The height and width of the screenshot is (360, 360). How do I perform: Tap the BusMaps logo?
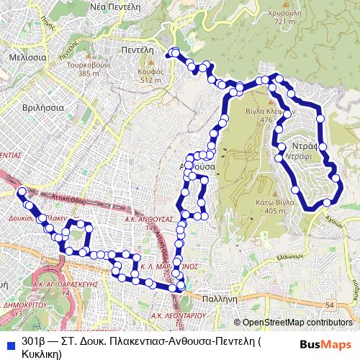(x=325, y=345)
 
